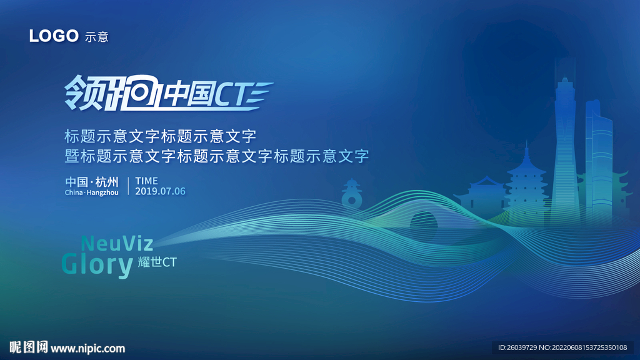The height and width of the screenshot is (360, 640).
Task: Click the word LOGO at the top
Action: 53,36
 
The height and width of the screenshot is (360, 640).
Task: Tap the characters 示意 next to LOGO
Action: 96,37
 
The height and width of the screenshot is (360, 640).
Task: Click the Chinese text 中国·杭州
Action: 92,182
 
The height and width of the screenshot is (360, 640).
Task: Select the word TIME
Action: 146,181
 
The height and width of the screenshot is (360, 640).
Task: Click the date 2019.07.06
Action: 160,191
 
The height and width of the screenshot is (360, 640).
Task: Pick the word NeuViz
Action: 117,242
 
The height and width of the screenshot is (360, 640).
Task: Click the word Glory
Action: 97,264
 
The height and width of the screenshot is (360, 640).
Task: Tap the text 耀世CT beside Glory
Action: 157,262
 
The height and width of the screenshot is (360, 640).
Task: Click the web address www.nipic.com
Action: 87,348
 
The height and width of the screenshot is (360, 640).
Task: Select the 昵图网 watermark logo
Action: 29,347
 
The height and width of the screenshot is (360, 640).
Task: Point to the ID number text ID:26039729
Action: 521,347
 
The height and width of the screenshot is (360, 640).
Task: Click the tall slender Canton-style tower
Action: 565,150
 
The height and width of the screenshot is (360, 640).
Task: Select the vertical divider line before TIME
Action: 128,186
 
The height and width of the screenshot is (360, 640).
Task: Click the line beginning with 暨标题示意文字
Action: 217,156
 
